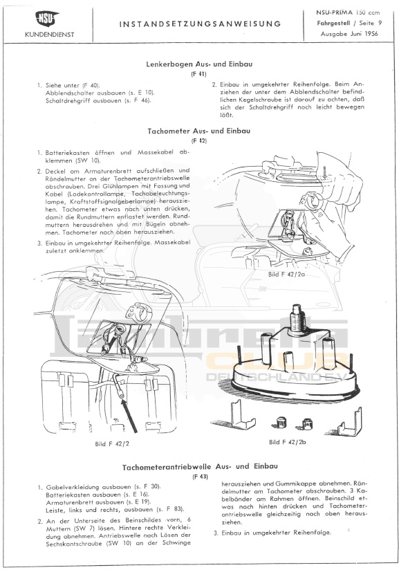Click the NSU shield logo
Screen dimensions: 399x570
[x=47, y=18]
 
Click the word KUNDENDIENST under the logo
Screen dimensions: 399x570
[x=49, y=35]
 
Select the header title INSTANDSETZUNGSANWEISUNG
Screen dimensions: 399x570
[x=201, y=24]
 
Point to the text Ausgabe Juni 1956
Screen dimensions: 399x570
[x=349, y=34]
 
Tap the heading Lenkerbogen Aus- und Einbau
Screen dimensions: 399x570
[x=199, y=64]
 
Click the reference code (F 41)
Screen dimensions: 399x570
[x=198, y=74]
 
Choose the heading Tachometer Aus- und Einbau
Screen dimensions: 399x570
[x=199, y=131]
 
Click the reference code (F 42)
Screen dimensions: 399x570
[x=199, y=140]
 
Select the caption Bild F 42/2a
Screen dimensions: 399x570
[x=286, y=274]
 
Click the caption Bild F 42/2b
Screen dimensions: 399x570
[x=287, y=442]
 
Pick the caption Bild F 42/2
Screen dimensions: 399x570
[x=112, y=443]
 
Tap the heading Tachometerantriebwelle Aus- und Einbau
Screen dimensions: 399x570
[x=200, y=467]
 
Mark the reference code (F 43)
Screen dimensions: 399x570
[x=201, y=477]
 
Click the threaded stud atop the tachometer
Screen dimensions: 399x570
[x=297, y=317]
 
